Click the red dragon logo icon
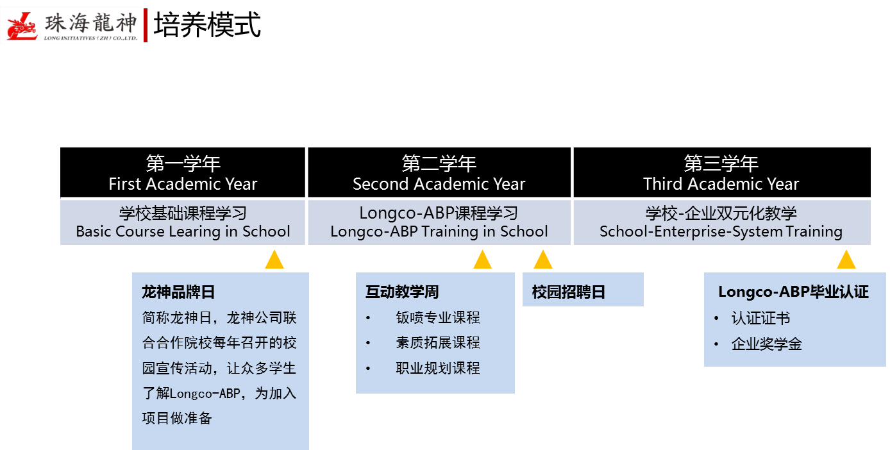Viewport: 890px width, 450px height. pyautogui.click(x=22, y=26)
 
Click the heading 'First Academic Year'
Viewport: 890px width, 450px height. pyautogui.click(x=183, y=185)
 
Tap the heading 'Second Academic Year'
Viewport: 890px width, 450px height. pyautogui.click(x=439, y=185)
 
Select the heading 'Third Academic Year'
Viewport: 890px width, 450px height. pyautogui.click(x=721, y=185)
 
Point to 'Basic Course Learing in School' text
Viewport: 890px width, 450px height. pyautogui.click(x=183, y=231)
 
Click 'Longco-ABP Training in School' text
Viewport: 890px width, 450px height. pyautogui.click(x=439, y=231)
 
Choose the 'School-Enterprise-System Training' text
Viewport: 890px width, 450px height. pyautogui.click(x=721, y=231)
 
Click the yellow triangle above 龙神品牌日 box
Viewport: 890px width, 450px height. pyautogui.click(x=274, y=260)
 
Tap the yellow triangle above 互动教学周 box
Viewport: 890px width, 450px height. pyautogui.click(x=482, y=260)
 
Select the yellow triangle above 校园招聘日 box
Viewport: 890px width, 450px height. pyautogui.click(x=543, y=260)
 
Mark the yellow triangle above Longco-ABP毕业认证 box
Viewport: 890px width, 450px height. pyautogui.click(x=846, y=260)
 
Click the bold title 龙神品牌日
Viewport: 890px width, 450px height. pyautogui.click(x=178, y=292)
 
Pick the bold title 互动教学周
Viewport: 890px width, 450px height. pyautogui.click(x=402, y=292)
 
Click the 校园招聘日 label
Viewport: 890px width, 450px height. pyautogui.click(x=568, y=292)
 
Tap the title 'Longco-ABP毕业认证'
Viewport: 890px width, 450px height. pyautogui.click(x=793, y=292)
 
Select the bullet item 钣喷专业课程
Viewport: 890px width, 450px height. pyautogui.click(x=438, y=317)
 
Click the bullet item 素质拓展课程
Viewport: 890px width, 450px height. pyautogui.click(x=438, y=343)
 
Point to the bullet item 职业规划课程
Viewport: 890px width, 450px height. pyautogui.click(x=438, y=369)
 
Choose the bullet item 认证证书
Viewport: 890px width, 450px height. pyautogui.click(x=760, y=319)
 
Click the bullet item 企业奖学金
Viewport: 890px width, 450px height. pyautogui.click(x=766, y=344)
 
